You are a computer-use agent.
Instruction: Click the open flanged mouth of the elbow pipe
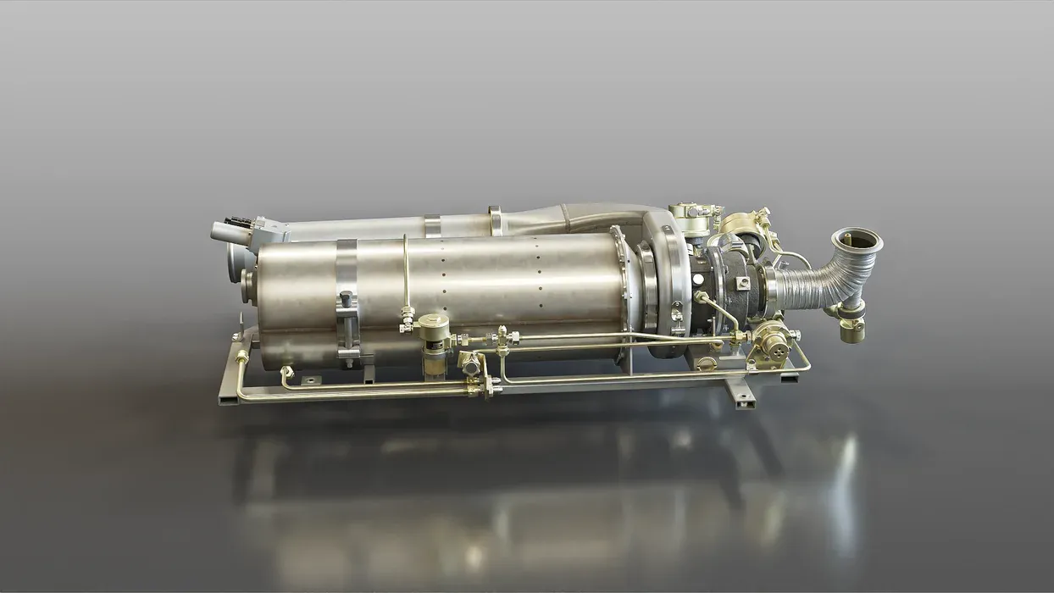point(857,241)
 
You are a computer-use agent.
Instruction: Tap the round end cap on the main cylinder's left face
point(247,279)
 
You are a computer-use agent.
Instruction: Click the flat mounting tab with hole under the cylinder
point(310,380)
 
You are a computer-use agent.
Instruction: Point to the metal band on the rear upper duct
point(432,225)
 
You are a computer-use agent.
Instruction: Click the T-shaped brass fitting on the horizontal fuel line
point(502,339)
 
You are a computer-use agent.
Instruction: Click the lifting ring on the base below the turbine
point(705,363)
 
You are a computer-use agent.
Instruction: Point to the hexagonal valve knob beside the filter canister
point(469,362)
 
